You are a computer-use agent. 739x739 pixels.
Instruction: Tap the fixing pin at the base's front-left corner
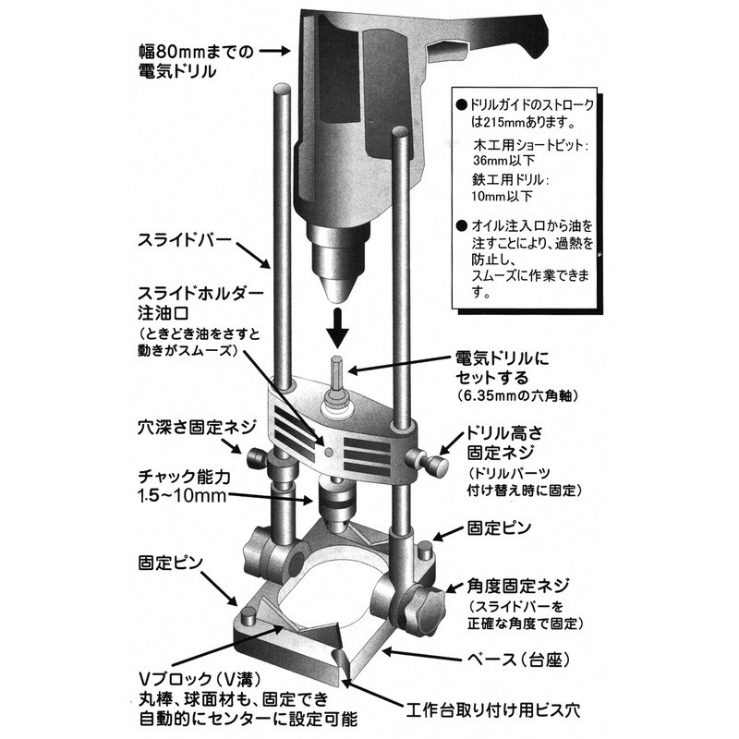tap(248, 617)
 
